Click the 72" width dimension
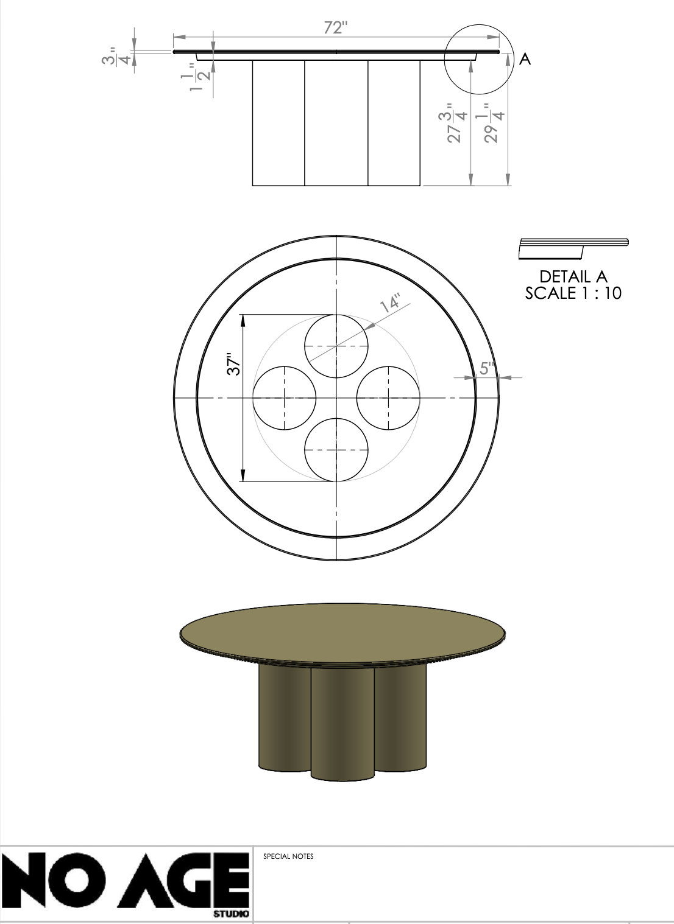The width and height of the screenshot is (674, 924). point(336,27)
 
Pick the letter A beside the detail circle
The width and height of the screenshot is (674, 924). point(525,60)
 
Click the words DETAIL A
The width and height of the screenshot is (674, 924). point(573,277)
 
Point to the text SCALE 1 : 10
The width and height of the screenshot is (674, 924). point(573,293)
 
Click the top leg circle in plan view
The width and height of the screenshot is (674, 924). point(336,346)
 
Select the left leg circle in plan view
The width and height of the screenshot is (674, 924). point(285,397)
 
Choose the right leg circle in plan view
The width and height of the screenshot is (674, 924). point(388,397)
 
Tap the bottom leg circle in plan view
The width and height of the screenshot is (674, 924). point(336,449)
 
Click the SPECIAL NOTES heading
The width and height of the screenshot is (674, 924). point(288,856)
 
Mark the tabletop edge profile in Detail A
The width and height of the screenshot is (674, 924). point(573,247)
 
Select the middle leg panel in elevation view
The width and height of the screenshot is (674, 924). point(336,122)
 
